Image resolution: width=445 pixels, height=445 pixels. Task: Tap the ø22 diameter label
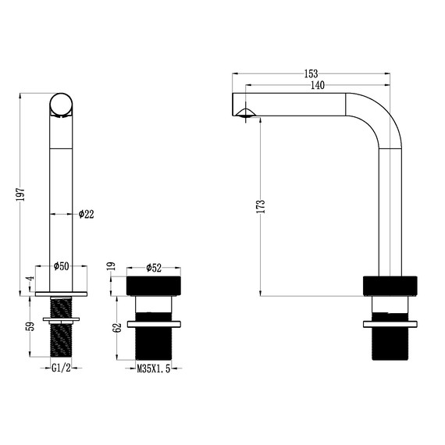click(x=87, y=215)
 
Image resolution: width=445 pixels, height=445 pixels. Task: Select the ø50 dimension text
click(x=62, y=266)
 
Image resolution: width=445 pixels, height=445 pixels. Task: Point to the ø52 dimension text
click(x=153, y=268)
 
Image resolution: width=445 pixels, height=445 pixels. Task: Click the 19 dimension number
click(x=118, y=267)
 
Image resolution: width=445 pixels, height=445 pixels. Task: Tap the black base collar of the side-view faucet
click(x=391, y=286)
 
